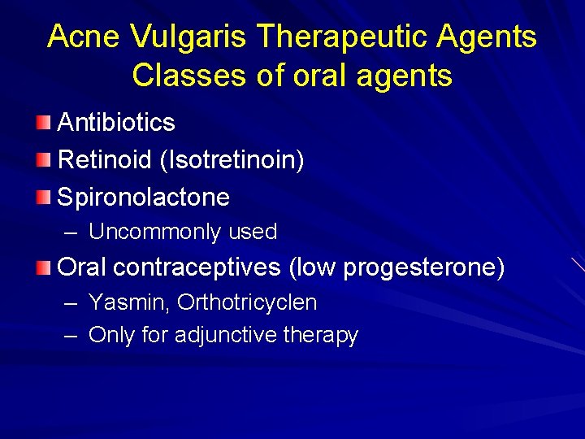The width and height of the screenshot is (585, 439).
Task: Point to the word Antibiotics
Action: (116, 123)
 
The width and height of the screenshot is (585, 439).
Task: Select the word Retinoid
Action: (105, 160)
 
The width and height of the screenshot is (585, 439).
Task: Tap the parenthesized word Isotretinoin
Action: (232, 160)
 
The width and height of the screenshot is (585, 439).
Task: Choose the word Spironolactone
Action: (144, 198)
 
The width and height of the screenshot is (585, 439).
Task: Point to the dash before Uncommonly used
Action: (71, 233)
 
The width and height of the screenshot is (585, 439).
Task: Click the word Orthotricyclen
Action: (247, 303)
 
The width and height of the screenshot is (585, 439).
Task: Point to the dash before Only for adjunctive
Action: (71, 335)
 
